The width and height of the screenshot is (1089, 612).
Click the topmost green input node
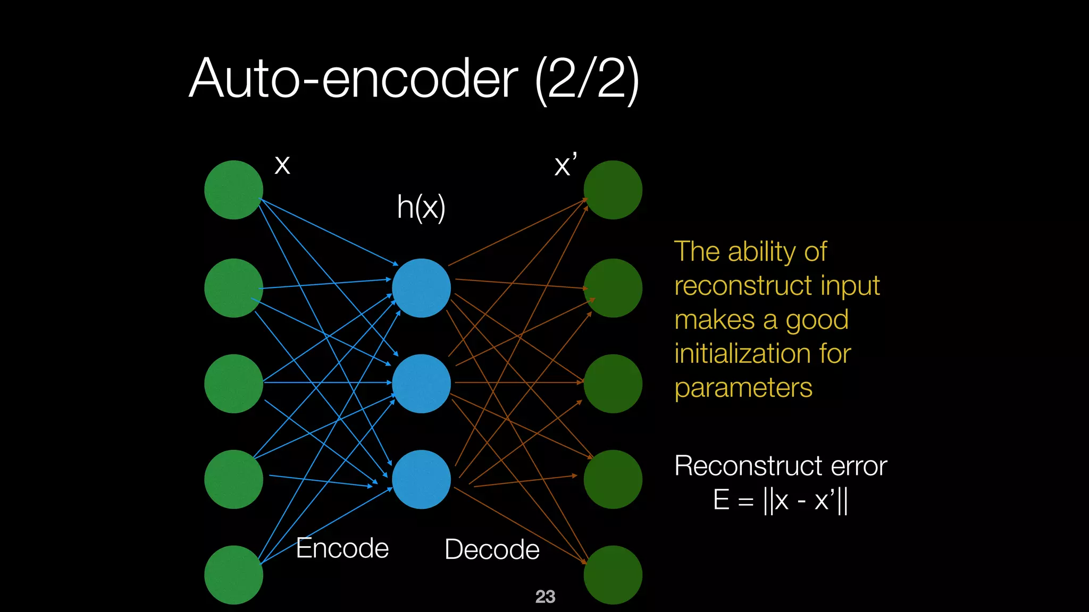[233, 190]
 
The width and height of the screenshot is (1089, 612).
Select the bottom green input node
[233, 575]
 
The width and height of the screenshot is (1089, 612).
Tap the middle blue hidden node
[421, 384]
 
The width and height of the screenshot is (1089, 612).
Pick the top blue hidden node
[421, 288]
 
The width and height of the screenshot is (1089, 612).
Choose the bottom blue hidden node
[421, 479]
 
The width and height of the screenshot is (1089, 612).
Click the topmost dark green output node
[613, 190]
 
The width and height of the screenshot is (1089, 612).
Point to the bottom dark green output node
[613, 575]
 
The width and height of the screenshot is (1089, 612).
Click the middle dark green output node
[613, 384]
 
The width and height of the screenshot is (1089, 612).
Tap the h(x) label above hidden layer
[421, 207]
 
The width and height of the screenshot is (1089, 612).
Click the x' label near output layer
[565, 165]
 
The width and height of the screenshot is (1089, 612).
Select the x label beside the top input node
[282, 165]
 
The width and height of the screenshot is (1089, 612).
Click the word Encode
[342, 548]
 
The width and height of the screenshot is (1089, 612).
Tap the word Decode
[492, 549]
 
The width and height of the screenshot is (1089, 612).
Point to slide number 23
[545, 597]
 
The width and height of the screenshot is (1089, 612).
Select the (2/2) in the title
[587, 80]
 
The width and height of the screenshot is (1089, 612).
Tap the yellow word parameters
[743, 388]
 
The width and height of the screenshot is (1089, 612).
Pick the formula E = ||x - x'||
[780, 500]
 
